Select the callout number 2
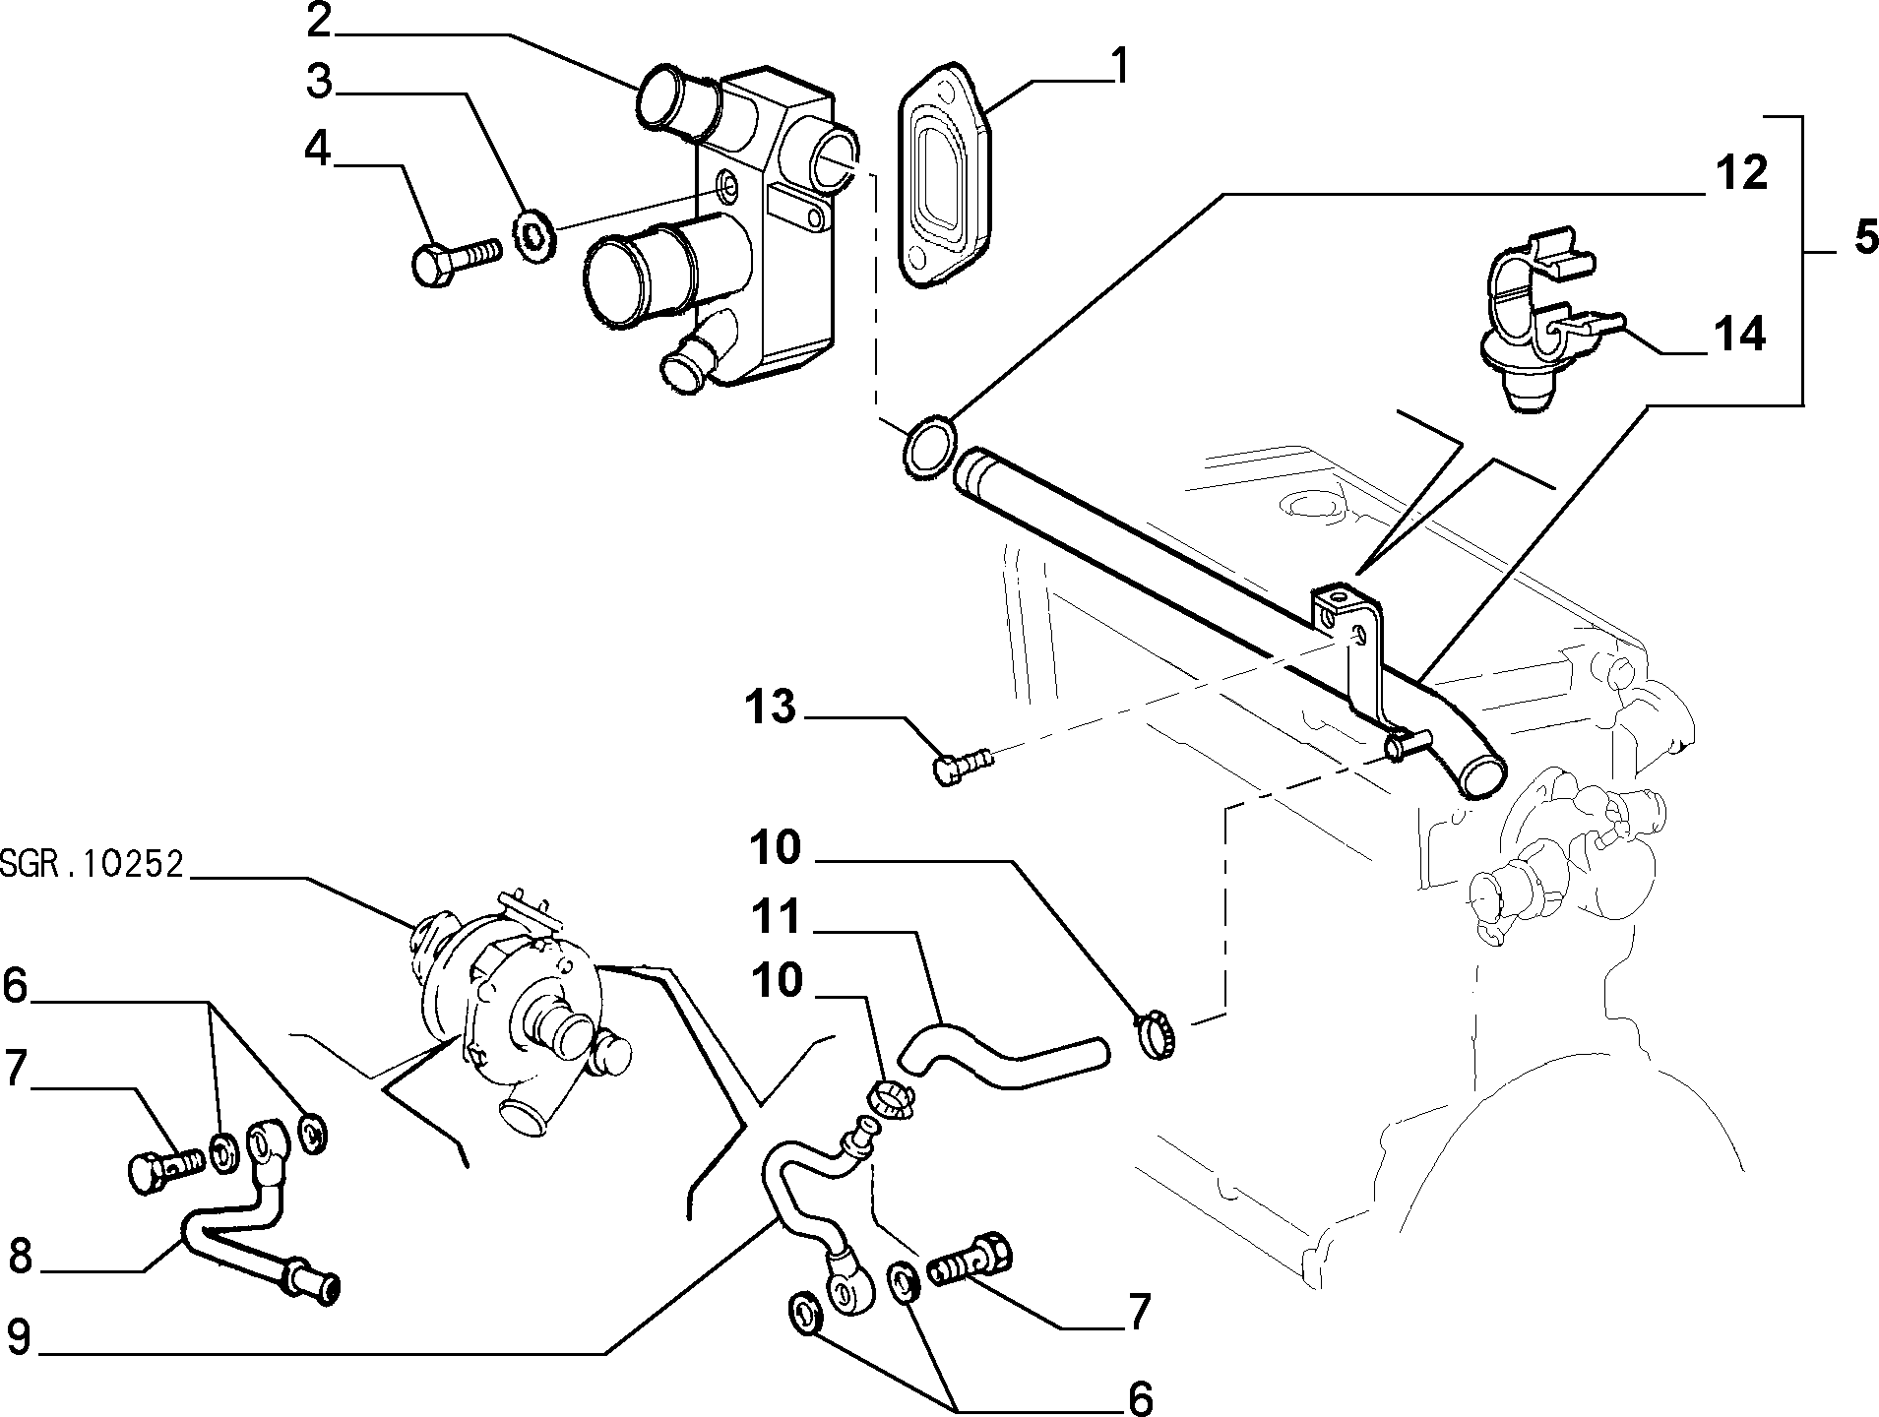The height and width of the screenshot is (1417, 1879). click(319, 21)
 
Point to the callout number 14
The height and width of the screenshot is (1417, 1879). click(1739, 335)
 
